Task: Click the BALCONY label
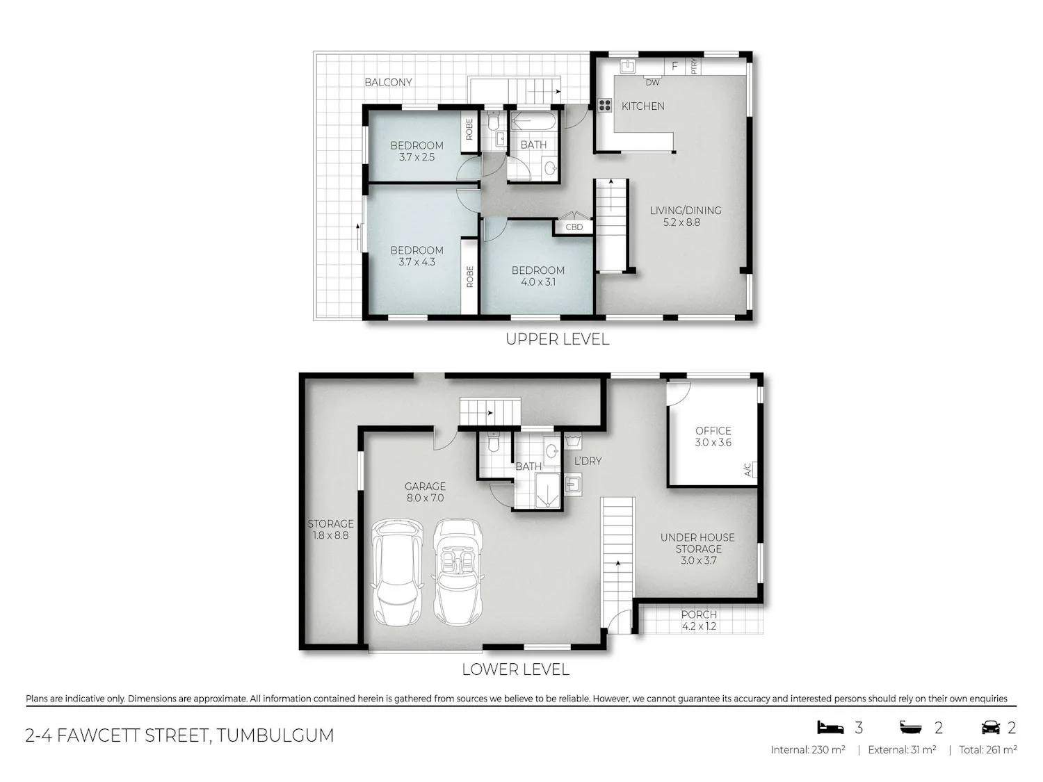pos(388,82)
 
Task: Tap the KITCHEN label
pos(643,106)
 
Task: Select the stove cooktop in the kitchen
pos(605,106)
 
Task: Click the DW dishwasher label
pos(652,83)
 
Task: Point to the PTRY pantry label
pos(694,66)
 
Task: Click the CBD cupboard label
pos(574,227)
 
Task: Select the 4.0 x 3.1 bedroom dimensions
pos(538,282)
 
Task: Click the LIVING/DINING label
pos(685,211)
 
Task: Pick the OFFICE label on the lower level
pos(713,431)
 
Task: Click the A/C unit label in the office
pos(747,470)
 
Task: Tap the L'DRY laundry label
pos(588,461)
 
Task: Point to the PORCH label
pos(699,615)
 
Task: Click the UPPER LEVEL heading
pos(558,339)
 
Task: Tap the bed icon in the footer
pos(830,727)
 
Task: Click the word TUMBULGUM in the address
pos(275,735)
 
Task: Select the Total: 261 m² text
pos(988,750)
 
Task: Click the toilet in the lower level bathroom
pos(494,442)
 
